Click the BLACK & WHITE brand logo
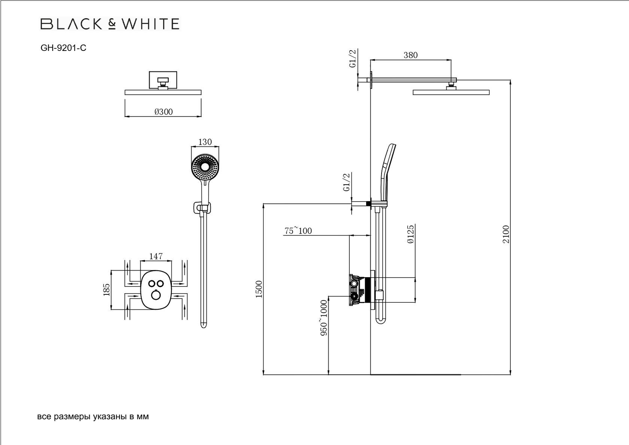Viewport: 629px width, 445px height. (110, 24)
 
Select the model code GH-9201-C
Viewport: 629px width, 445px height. (63, 48)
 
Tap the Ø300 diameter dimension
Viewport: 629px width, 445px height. (163, 112)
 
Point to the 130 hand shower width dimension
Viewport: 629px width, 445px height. (205, 142)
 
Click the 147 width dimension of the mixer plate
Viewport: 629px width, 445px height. (156, 256)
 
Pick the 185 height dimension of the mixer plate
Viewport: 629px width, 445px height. (106, 290)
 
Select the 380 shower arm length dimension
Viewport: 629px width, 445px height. (410, 55)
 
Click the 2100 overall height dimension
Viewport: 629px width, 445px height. (506, 234)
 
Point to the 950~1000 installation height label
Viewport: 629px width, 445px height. (324, 317)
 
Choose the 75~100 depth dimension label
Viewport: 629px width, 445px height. (298, 231)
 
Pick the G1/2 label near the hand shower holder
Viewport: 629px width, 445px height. (346, 182)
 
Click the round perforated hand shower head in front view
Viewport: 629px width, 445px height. (204, 167)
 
